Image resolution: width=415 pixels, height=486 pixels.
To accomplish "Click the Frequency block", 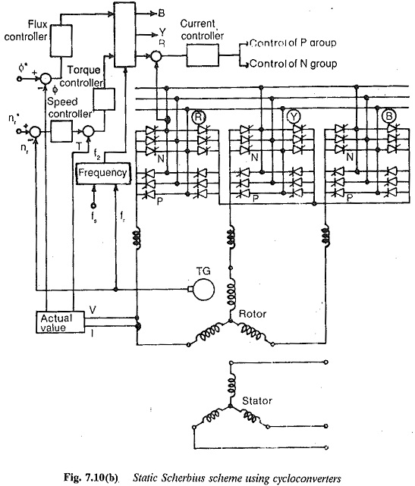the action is [103, 173].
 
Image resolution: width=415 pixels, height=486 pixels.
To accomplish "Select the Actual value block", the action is [60, 322].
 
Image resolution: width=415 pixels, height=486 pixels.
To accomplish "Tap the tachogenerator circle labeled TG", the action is [204, 289].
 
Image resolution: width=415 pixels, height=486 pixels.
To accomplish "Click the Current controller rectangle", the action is [203, 55].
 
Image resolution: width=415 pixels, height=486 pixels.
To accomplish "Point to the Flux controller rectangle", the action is [61, 41].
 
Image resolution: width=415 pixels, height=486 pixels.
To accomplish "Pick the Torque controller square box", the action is [104, 99].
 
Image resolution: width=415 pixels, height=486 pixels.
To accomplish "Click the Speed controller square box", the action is [61, 131].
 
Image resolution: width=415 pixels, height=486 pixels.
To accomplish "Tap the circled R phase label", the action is [198, 117].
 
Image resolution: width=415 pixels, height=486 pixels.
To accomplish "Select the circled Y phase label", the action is [293, 117].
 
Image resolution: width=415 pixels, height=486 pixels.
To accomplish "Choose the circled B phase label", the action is [388, 116].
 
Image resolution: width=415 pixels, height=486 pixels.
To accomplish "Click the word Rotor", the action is [253, 314].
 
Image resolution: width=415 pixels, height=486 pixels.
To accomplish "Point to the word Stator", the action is [257, 401].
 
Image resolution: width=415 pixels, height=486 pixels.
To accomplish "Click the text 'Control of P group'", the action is [293, 42].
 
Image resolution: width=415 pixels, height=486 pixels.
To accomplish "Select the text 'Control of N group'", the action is [293, 64].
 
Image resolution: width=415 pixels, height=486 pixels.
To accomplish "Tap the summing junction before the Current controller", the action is [156, 56].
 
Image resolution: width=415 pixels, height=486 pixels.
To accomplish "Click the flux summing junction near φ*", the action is [46, 78].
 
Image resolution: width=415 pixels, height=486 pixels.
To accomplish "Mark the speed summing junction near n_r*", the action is [36, 131].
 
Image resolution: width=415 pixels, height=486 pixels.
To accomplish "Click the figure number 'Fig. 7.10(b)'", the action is [91, 478].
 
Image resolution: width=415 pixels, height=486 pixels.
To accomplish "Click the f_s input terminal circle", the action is [93, 205].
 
